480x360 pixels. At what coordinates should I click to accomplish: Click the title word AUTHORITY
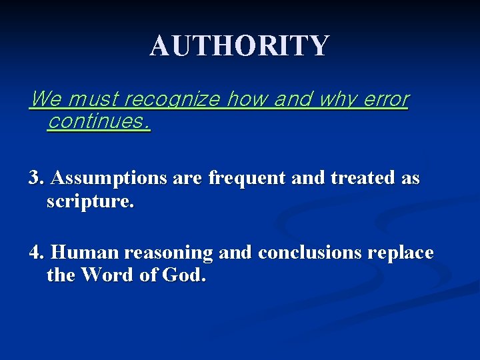[239, 46]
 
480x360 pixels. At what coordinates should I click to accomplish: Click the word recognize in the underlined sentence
[173, 99]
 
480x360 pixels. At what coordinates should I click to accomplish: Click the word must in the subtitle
[93, 99]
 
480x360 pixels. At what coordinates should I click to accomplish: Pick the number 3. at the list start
[37, 179]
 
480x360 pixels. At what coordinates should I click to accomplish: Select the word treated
[359, 179]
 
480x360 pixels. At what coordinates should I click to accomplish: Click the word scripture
[90, 201]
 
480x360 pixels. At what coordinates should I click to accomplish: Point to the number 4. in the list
[37, 253]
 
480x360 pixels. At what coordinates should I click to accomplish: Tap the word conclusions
[308, 253]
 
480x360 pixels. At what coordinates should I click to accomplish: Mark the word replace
[400, 254]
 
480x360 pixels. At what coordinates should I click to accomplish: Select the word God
[184, 275]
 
